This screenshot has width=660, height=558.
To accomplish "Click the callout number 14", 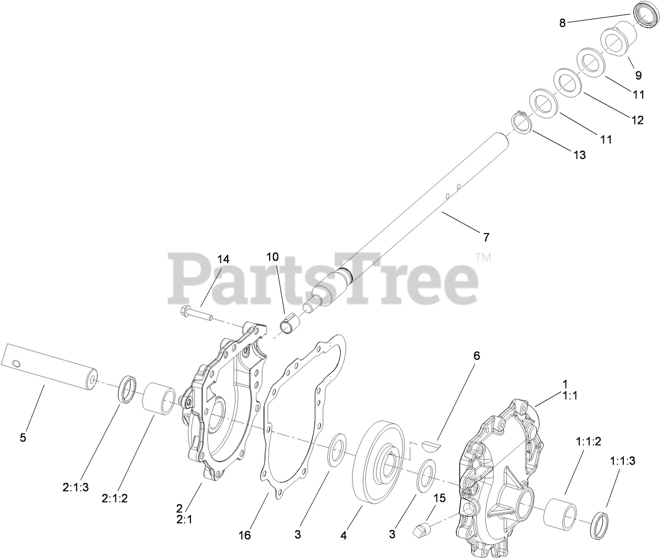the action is click(223, 259).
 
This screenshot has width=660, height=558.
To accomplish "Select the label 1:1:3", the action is click(622, 461).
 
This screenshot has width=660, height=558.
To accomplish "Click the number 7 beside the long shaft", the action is click(486, 237).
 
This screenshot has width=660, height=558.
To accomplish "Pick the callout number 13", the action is click(580, 155).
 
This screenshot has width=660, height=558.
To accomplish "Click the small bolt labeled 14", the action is click(196, 312).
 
